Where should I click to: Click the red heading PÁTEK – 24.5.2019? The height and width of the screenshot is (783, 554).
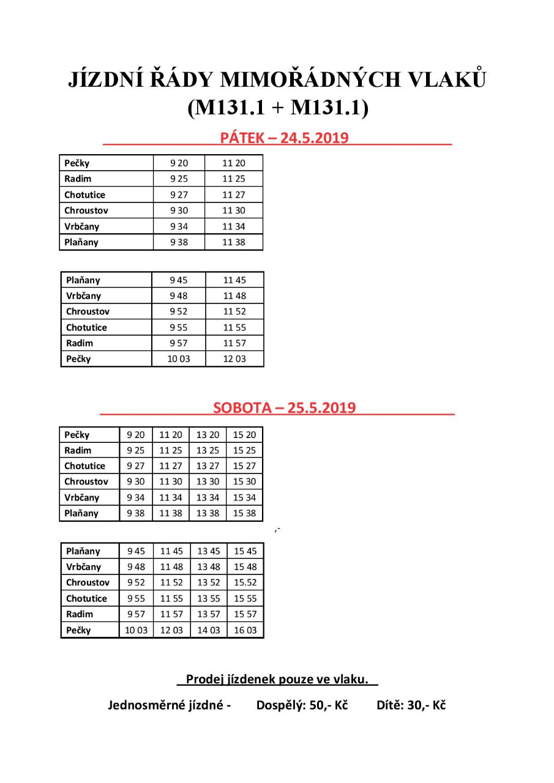click(x=284, y=138)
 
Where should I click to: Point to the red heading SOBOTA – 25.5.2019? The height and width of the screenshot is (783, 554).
click(x=284, y=408)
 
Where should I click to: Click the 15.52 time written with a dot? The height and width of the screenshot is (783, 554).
click(x=245, y=582)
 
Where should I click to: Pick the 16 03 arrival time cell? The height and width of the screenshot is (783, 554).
click(x=245, y=630)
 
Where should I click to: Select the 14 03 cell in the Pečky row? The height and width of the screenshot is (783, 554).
click(x=208, y=630)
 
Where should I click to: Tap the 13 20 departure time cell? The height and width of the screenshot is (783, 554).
click(x=208, y=435)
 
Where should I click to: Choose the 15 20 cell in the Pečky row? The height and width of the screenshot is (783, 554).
click(x=244, y=435)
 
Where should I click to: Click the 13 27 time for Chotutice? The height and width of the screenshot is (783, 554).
click(x=208, y=466)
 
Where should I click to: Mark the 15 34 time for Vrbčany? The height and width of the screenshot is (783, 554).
click(x=244, y=497)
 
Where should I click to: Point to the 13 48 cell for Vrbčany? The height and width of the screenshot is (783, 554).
click(x=208, y=567)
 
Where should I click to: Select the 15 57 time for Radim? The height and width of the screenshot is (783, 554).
click(x=245, y=614)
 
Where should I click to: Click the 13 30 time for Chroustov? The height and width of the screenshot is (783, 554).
click(x=208, y=481)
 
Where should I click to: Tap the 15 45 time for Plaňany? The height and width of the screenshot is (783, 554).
click(x=245, y=551)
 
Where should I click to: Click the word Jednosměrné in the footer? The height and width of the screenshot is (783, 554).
click(x=150, y=705)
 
